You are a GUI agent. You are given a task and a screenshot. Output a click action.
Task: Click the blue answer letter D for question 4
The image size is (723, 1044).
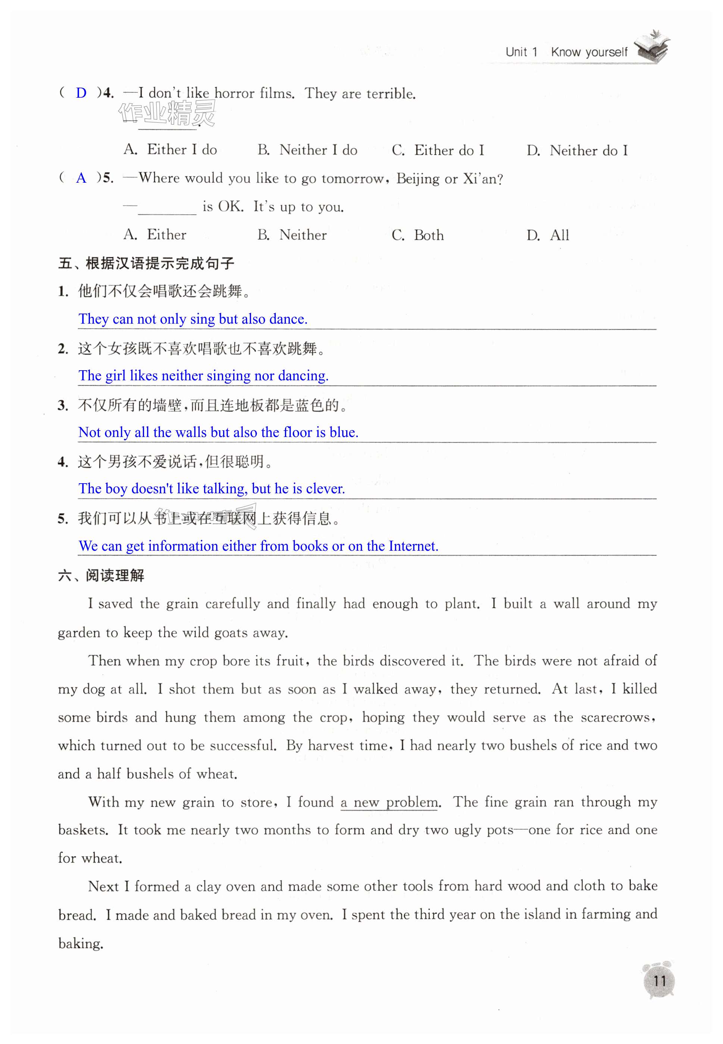pos(81,93)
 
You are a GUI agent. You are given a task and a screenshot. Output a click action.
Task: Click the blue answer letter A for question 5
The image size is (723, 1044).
pos(81,178)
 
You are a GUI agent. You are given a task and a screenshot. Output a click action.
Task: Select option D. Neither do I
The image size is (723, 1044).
pos(577,150)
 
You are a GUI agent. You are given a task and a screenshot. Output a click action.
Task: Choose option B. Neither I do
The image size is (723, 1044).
pos(307,150)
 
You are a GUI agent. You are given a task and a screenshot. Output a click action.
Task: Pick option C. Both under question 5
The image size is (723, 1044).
pos(418,235)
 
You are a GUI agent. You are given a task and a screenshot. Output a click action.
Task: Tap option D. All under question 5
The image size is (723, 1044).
pos(548,235)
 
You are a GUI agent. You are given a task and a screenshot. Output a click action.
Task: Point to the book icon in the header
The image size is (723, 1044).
pos(652,47)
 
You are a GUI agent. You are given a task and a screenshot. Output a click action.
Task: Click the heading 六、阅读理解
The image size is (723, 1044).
pos(101,575)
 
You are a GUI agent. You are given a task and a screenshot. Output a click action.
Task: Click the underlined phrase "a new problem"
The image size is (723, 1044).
pos(389,802)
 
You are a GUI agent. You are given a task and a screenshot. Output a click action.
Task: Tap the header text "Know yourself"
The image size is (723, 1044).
pos(589,52)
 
